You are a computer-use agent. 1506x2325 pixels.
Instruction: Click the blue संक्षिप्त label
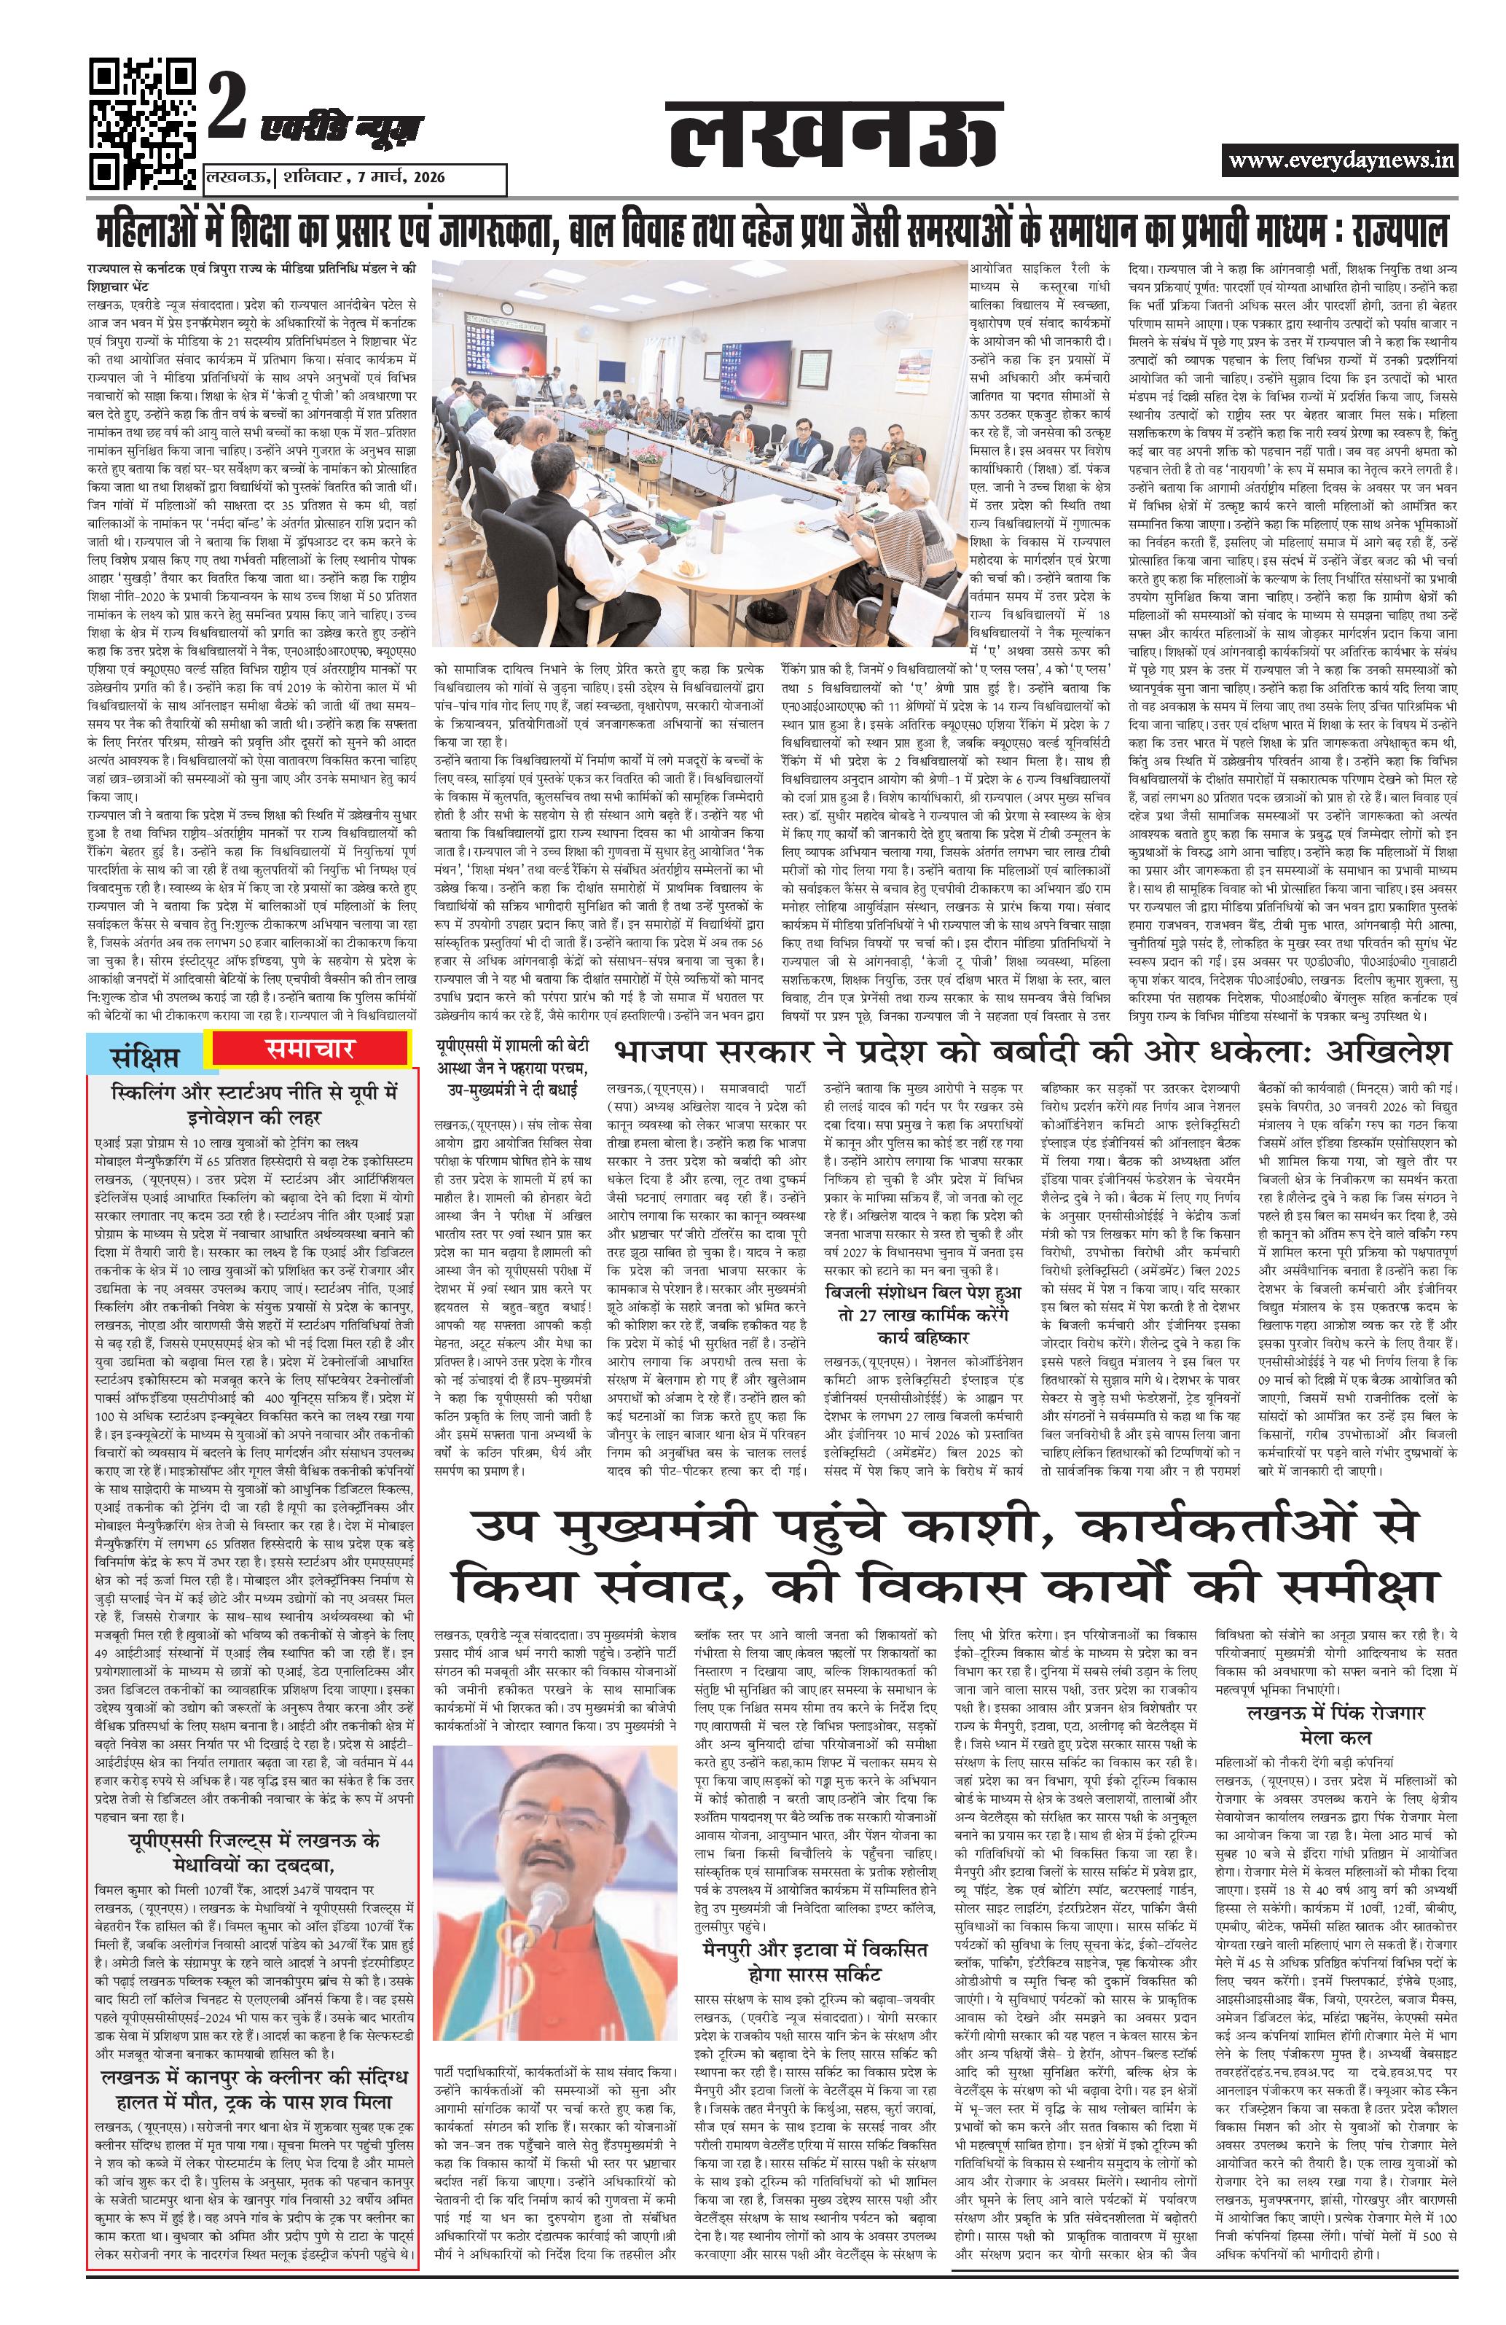click(146, 1056)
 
